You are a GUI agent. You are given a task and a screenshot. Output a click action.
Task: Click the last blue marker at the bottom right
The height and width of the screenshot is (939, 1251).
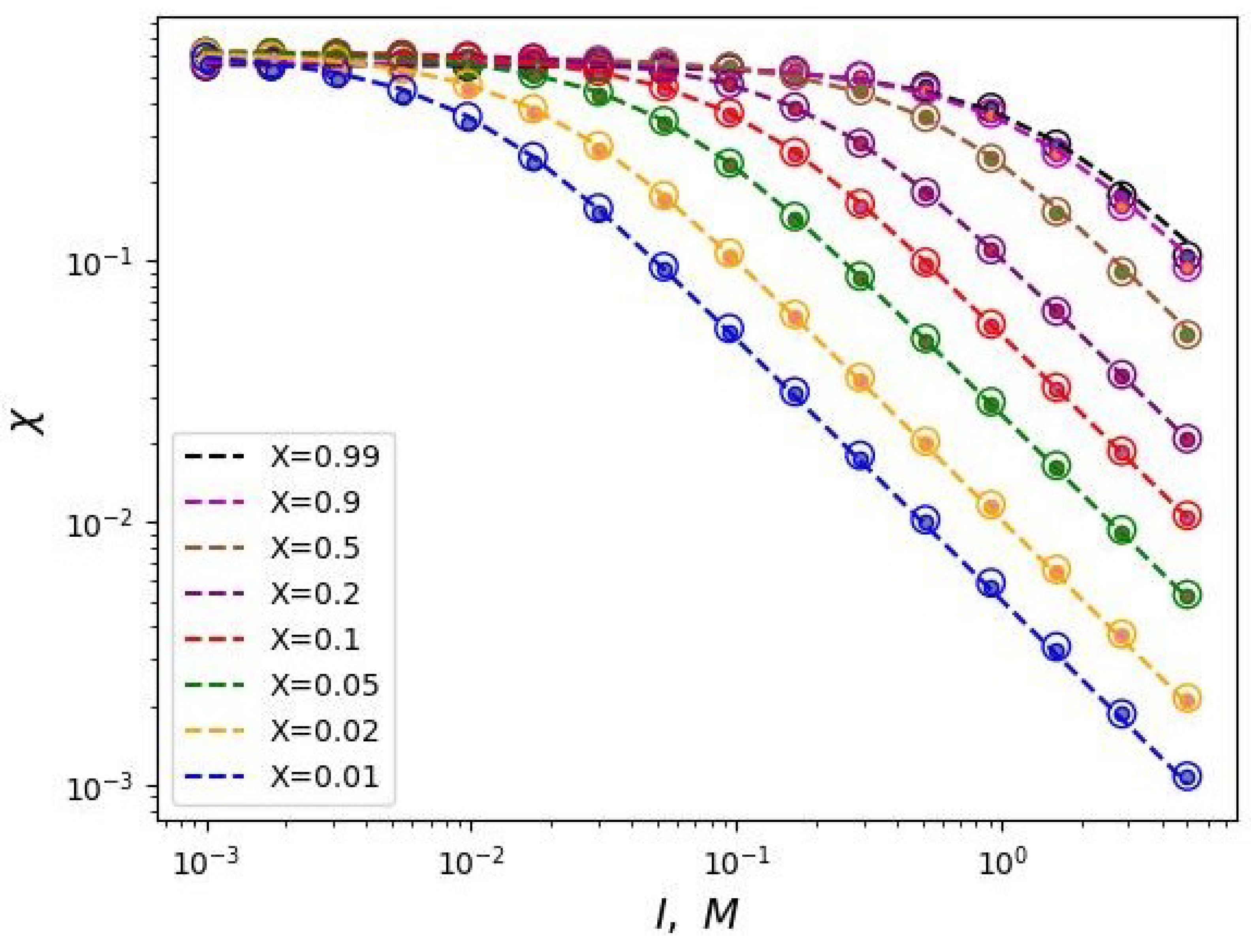(1188, 777)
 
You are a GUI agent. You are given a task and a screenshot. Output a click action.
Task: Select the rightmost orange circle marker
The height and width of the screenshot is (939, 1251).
(1188, 699)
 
